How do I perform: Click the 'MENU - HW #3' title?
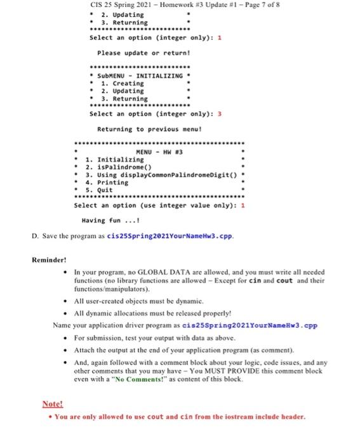[159, 152]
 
